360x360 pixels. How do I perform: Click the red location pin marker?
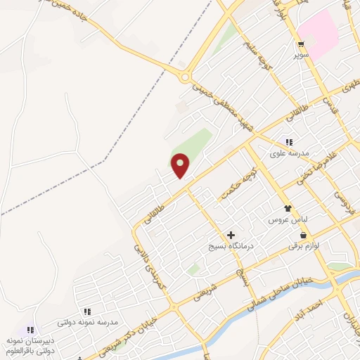coord(181,165)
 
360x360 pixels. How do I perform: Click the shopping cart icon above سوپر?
coord(300,43)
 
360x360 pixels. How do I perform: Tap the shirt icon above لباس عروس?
coord(288,209)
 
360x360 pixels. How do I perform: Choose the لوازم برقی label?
coord(303,246)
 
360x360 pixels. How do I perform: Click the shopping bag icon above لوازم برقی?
coord(303,236)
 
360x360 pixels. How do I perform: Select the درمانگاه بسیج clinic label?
coord(230,247)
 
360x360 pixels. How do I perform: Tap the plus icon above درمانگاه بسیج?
coord(231,236)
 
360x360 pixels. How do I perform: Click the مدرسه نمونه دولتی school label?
coord(87,322)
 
